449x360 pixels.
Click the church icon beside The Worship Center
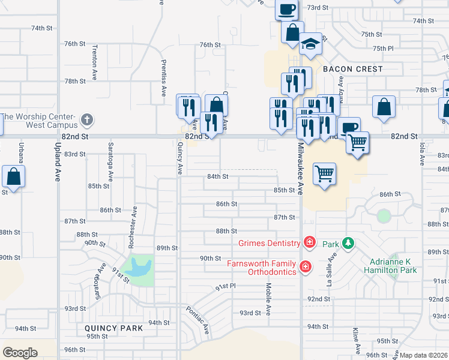(x=86, y=119)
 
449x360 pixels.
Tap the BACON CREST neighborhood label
(x=352, y=69)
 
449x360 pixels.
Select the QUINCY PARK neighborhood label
(x=113, y=328)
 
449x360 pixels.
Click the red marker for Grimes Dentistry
(x=309, y=242)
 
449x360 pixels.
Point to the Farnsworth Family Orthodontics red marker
(x=305, y=266)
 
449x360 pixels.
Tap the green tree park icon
(x=347, y=243)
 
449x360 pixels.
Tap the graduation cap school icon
(x=310, y=44)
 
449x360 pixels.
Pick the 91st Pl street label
(x=226, y=287)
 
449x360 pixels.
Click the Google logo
(x=20, y=353)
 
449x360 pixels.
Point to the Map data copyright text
(x=423, y=355)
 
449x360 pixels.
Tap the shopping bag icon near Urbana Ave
(x=13, y=176)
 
